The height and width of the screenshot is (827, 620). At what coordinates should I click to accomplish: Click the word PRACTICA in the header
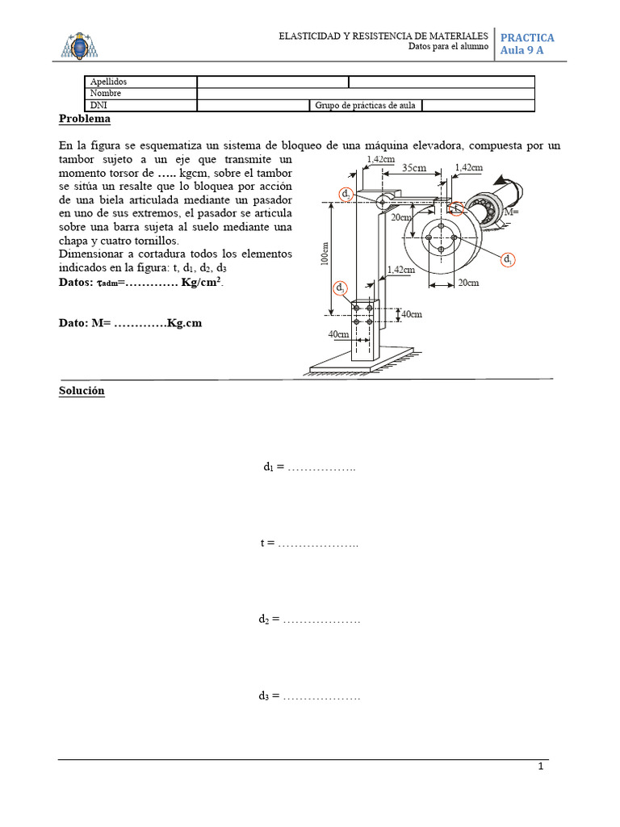pos(527,38)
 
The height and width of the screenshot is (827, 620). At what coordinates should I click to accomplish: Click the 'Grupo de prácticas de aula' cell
pos(366,105)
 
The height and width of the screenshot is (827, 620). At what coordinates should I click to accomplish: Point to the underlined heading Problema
pos(84,120)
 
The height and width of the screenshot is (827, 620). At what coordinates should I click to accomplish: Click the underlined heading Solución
pos(82,391)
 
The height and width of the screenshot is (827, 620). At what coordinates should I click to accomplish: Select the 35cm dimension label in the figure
pos(414,168)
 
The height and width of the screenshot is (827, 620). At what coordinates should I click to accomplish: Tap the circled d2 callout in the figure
pos(346,195)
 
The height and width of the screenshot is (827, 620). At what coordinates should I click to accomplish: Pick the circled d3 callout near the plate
pos(341,288)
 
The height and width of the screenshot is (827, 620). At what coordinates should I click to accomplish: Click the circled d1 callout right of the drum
pos(508,259)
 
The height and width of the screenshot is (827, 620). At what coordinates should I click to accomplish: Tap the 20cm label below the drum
pos(467,283)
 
